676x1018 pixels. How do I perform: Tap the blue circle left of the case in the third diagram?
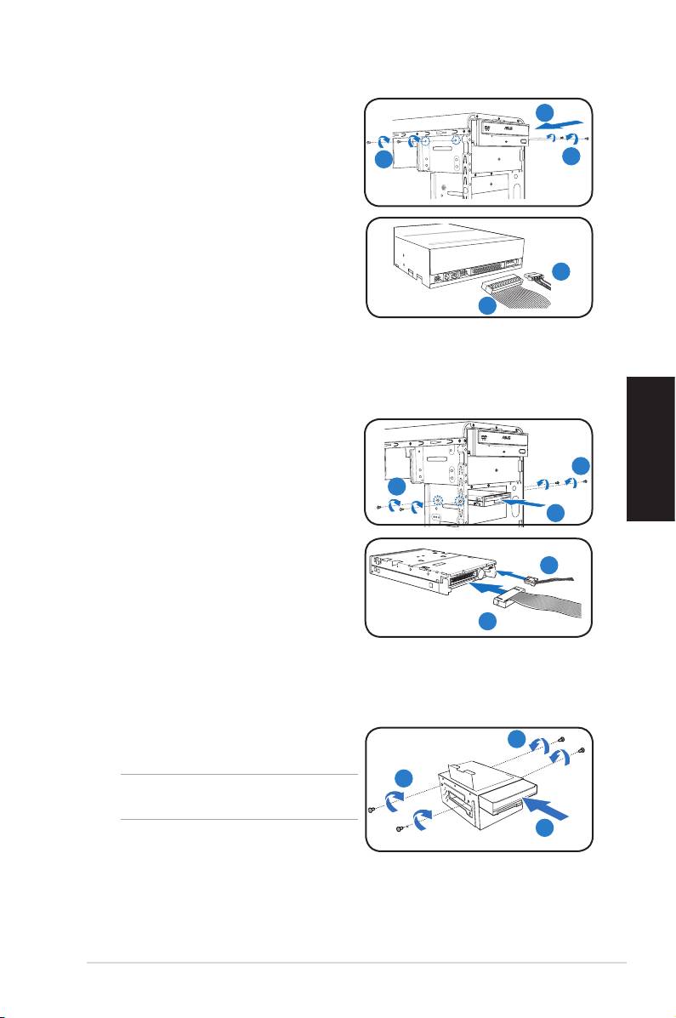[396, 490]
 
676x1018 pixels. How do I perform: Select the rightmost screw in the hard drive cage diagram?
[581, 749]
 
